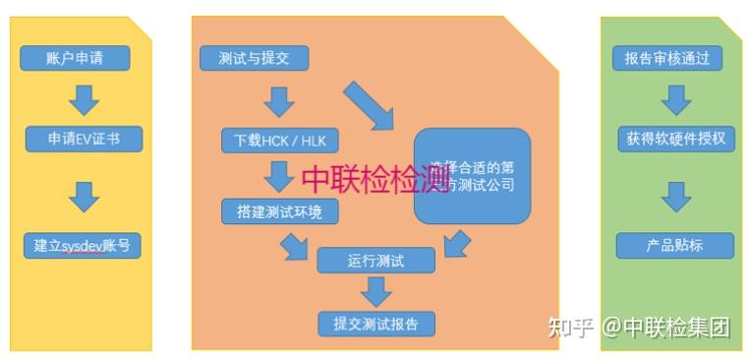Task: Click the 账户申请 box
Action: click(x=75, y=58)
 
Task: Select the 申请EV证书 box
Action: click(x=83, y=139)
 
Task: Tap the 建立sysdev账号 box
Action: click(x=83, y=245)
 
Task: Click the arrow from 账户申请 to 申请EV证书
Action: click(x=83, y=98)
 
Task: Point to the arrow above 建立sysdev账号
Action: click(x=84, y=197)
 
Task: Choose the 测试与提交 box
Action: click(x=254, y=58)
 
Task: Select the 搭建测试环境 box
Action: click(x=279, y=210)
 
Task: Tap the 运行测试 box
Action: click(x=375, y=261)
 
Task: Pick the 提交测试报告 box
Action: click(x=375, y=323)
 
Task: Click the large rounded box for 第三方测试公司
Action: click(x=472, y=175)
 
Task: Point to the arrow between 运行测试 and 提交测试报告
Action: click(x=375, y=291)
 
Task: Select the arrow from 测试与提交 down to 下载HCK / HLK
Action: click(x=278, y=99)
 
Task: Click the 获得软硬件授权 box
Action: click(x=675, y=139)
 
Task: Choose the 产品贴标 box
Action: click(x=674, y=245)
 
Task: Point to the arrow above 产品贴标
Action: click(x=675, y=197)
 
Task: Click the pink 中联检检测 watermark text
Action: click(x=375, y=179)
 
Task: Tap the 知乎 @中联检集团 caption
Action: click(x=639, y=327)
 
